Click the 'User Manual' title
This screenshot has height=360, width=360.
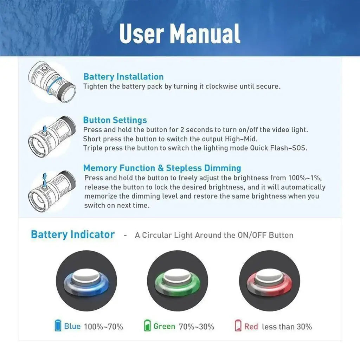click(180, 33)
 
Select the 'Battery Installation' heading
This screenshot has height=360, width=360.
click(123, 77)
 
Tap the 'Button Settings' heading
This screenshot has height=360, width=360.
click(115, 120)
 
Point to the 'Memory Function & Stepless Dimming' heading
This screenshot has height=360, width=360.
click(162, 168)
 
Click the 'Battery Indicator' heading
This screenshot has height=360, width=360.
click(73, 234)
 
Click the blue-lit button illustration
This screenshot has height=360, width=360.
click(86, 281)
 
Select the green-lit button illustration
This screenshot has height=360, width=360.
click(178, 281)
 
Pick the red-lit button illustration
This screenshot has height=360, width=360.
click(269, 281)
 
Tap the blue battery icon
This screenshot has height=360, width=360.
click(58, 326)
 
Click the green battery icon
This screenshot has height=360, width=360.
click(147, 326)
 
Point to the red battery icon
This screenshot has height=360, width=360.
click(238, 326)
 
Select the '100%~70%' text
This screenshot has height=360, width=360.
click(104, 327)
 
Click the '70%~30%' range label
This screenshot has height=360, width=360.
click(197, 327)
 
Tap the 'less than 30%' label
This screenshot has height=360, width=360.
click(287, 327)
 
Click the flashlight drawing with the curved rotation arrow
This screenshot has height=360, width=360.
click(52, 82)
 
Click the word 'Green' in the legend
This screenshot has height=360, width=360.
click(165, 326)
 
